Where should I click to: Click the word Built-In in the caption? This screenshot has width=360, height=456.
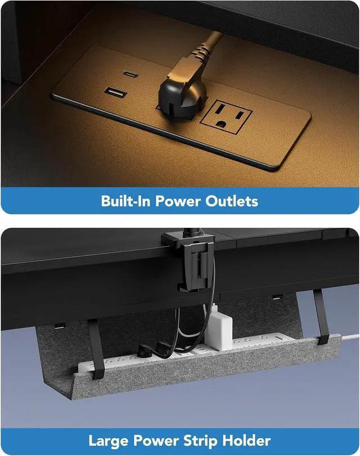(x=128, y=200)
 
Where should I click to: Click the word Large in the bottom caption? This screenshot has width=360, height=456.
(x=110, y=440)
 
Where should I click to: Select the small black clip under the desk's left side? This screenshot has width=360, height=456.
(x=58, y=324)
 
